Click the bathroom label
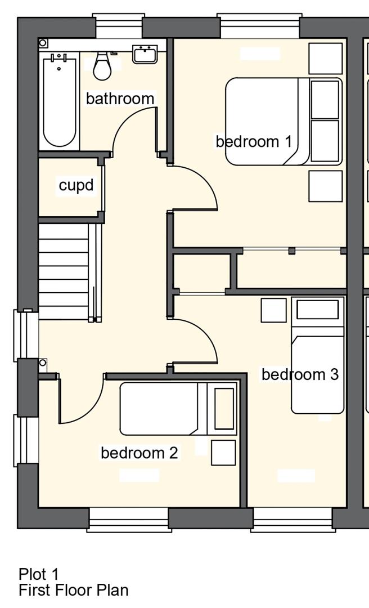(120, 99)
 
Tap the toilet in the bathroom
(102, 66)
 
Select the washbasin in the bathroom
(145, 54)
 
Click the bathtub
(59, 100)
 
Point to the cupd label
(76, 185)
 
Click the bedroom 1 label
(254, 141)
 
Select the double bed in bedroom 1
(283, 122)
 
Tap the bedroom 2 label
(139, 453)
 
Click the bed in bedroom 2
(178, 408)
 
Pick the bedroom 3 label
(300, 374)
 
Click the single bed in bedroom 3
(318, 355)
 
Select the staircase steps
(64, 271)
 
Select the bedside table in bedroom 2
(223, 453)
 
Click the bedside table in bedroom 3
(273, 310)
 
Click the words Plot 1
(38, 574)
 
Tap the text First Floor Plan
(74, 590)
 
